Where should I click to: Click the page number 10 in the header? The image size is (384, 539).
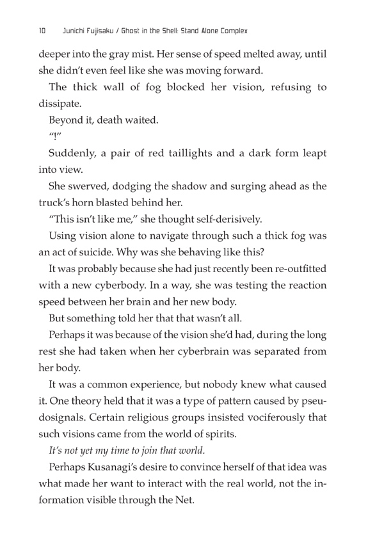(x=42, y=30)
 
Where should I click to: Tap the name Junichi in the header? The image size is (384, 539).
(x=70, y=30)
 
